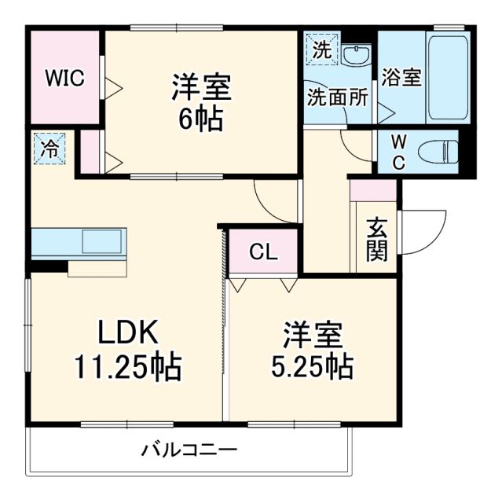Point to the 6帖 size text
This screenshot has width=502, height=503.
point(201,120)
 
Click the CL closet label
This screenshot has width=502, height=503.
point(262,252)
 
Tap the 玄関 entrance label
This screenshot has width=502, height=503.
point(376,240)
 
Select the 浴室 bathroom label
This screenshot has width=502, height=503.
point(401,78)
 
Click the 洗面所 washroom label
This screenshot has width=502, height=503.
point(337,98)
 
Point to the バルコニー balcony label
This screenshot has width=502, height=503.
point(189,450)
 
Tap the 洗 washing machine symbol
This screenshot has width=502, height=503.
point(323,48)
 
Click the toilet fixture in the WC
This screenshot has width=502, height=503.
point(441,150)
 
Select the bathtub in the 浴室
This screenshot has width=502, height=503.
point(448,76)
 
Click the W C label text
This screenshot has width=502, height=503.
point(398,152)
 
